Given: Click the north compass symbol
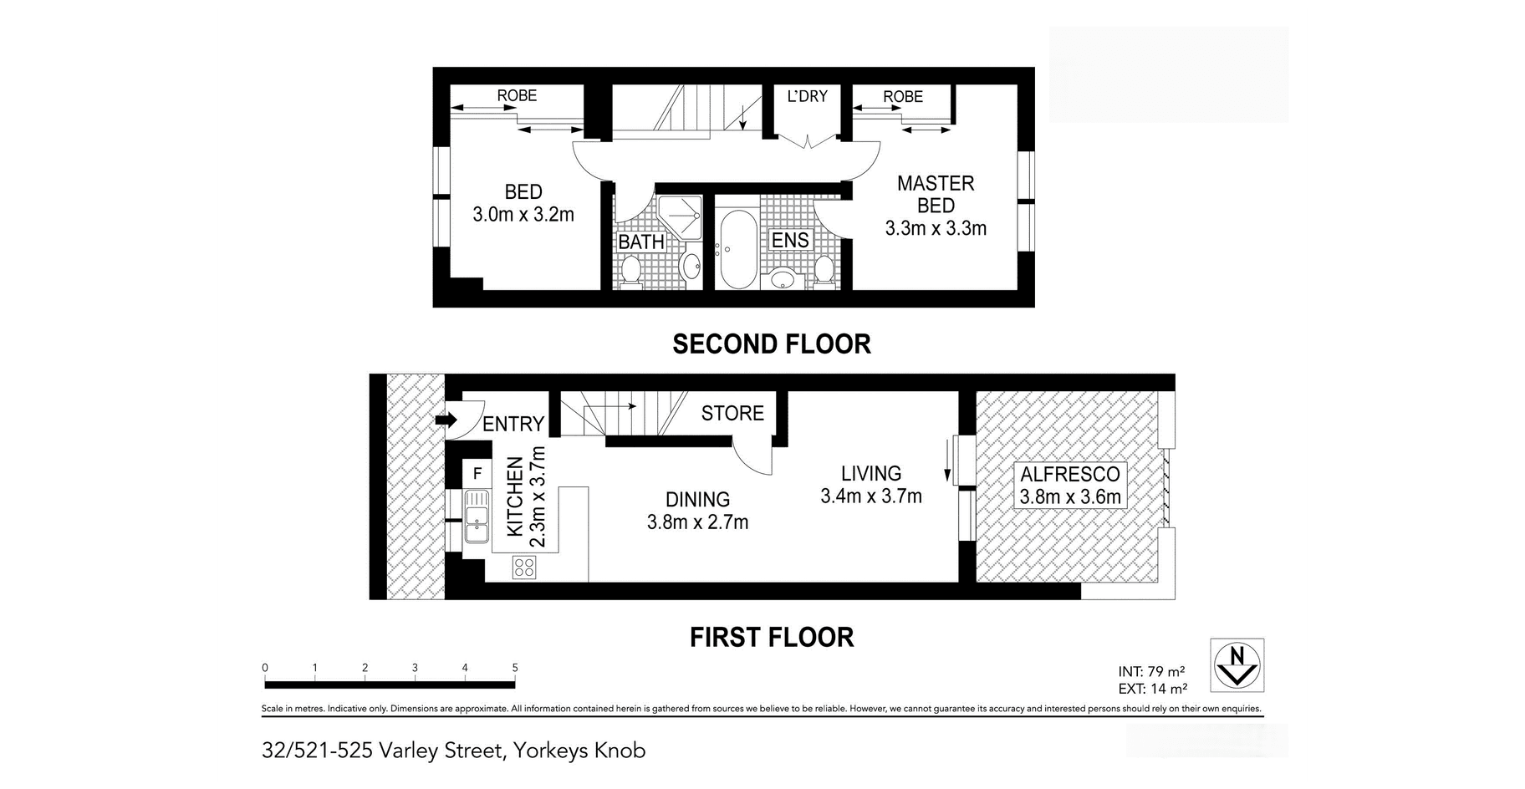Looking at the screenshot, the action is tap(1237, 665).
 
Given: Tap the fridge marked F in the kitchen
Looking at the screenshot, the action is tap(477, 474).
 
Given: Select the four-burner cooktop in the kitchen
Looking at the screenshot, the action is tap(524, 568).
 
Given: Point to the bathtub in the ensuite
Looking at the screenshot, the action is tap(737, 248).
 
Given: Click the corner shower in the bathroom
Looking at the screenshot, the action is tap(679, 216).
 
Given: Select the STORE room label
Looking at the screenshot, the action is tap(732, 413).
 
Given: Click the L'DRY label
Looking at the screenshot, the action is tap(808, 96).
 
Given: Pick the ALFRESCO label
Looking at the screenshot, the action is tap(1070, 474).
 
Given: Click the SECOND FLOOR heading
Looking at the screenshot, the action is tap(772, 344).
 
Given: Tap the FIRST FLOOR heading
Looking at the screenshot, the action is tap(772, 637).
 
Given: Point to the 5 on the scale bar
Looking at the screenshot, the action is tap(515, 668).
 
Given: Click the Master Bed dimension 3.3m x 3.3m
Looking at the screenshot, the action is tap(936, 228).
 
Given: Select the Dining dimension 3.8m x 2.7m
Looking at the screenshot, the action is tap(697, 522).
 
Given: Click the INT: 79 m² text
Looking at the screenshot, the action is tap(1151, 671).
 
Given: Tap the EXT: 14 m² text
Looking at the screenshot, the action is tap(1152, 690).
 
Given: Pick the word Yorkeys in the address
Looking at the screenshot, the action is tap(551, 751).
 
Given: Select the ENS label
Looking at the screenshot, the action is tap(790, 241).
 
